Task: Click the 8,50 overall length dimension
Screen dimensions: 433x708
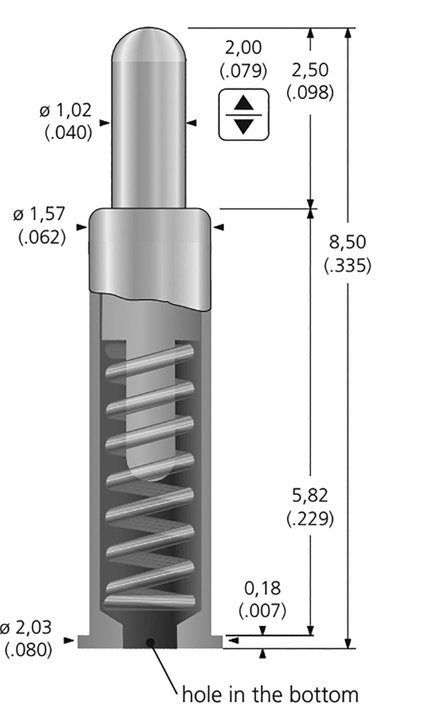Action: pyautogui.click(x=347, y=243)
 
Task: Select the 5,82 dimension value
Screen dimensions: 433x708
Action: pyautogui.click(x=310, y=496)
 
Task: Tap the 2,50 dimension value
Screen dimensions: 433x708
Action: pyautogui.click(x=310, y=71)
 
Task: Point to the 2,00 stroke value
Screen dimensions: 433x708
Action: pyautogui.click(x=243, y=48)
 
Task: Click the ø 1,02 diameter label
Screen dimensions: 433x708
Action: pyautogui.click(x=66, y=110)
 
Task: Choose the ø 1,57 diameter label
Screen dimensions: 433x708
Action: pyautogui.click(x=39, y=214)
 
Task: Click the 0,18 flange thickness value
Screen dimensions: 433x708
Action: pyautogui.click(x=262, y=588)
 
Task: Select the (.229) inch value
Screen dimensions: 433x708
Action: pyautogui.click(x=310, y=519)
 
